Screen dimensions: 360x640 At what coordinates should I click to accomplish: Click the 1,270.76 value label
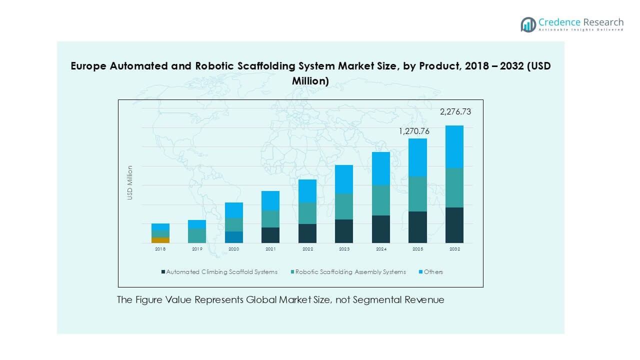(414, 131)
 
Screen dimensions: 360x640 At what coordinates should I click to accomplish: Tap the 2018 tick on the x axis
(160, 249)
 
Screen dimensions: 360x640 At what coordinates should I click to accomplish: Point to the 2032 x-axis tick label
(454, 249)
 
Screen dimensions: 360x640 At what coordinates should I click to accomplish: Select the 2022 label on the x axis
(307, 249)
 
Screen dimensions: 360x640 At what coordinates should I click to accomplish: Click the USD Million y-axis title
(130, 183)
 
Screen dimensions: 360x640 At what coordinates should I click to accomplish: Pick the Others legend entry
(433, 272)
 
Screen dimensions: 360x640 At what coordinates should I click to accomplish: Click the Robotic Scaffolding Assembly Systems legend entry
(350, 272)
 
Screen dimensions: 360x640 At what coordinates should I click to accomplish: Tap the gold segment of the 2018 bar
(160, 240)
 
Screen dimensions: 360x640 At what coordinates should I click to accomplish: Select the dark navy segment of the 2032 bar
(454, 225)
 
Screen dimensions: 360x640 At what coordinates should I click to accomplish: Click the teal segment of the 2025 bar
(417, 194)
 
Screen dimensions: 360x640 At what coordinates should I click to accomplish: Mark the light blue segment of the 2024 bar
(380, 168)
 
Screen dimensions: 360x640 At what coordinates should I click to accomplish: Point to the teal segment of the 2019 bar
(197, 235)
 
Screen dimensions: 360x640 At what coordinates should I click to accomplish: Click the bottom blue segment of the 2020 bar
(234, 237)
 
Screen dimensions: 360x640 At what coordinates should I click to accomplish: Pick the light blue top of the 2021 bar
(270, 200)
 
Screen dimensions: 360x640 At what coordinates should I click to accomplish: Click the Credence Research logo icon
(528, 24)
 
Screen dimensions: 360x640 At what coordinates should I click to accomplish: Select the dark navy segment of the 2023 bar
(344, 231)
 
